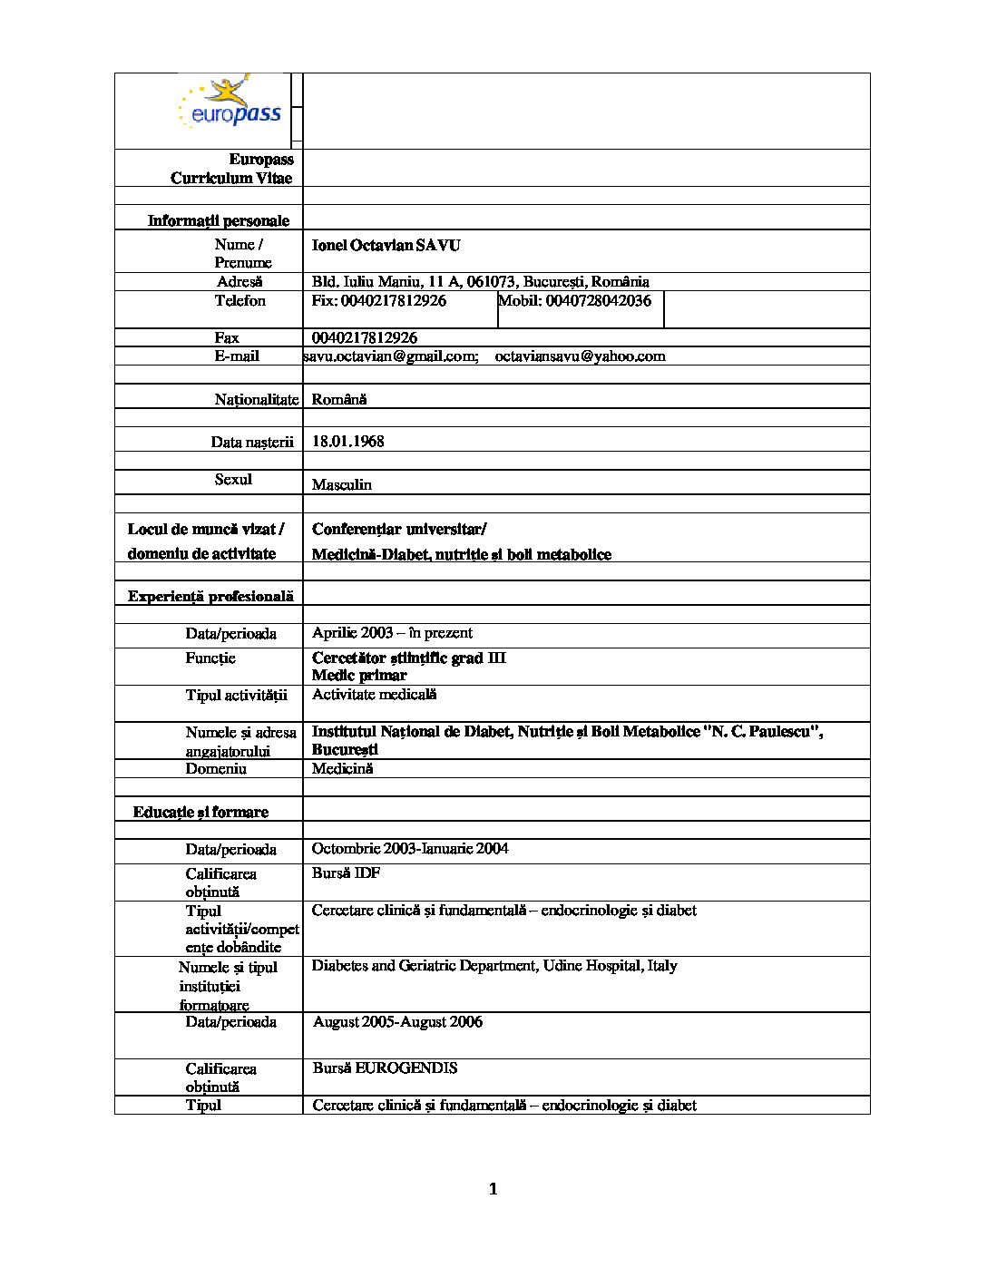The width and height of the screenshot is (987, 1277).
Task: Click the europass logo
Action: [x=230, y=103]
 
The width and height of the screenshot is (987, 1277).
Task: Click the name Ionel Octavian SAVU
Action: [x=386, y=246]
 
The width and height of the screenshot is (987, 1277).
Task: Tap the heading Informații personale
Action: [x=219, y=220]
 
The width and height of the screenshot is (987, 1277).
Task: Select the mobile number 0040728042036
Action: [x=574, y=301]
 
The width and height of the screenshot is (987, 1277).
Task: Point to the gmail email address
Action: [x=390, y=356]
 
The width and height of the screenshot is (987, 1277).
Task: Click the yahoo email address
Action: [x=580, y=356]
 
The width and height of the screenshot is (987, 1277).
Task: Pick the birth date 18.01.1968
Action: [x=347, y=442]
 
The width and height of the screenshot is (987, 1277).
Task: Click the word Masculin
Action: [x=341, y=484]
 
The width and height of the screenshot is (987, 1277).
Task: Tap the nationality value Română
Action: [x=339, y=399]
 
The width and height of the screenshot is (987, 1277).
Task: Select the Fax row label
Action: [x=227, y=337]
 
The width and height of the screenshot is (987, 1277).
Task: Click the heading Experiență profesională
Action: [x=210, y=596]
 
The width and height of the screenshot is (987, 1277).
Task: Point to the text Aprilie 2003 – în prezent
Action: [x=392, y=633]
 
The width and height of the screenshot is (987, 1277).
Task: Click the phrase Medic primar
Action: [x=359, y=676]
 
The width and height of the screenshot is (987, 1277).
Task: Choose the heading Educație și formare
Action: [x=200, y=812]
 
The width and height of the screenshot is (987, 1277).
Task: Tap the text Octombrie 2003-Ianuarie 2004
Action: [x=409, y=849]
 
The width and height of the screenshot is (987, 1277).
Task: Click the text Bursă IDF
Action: [x=346, y=873]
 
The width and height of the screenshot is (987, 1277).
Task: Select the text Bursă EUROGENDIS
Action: [x=385, y=1068]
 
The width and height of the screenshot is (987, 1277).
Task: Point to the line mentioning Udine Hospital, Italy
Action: [x=494, y=966]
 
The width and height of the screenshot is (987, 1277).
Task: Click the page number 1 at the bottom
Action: [x=493, y=1189]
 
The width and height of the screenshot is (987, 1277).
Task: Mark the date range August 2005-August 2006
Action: [x=397, y=1022]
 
